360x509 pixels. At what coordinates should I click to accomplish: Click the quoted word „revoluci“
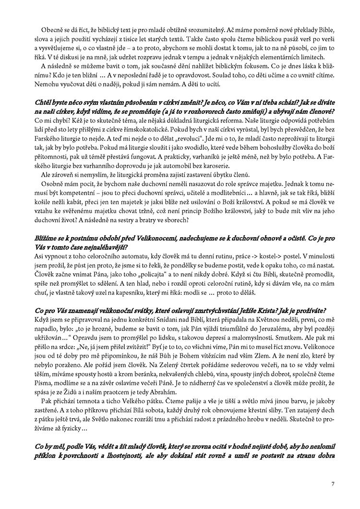point(177,139)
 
